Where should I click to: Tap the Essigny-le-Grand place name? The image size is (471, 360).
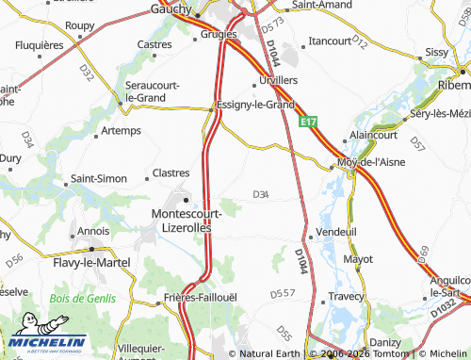pos(255,105)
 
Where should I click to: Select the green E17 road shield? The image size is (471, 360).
pos(308,123)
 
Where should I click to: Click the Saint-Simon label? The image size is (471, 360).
pos(100,178)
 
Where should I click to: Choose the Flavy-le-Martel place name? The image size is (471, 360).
pos(92,264)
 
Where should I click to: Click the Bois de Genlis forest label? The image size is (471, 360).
pos(82,299)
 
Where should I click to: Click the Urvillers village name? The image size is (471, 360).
pos(278,80)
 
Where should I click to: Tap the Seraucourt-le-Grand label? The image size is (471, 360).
pos(146,90)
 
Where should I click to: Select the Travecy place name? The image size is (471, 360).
pos(346,296)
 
